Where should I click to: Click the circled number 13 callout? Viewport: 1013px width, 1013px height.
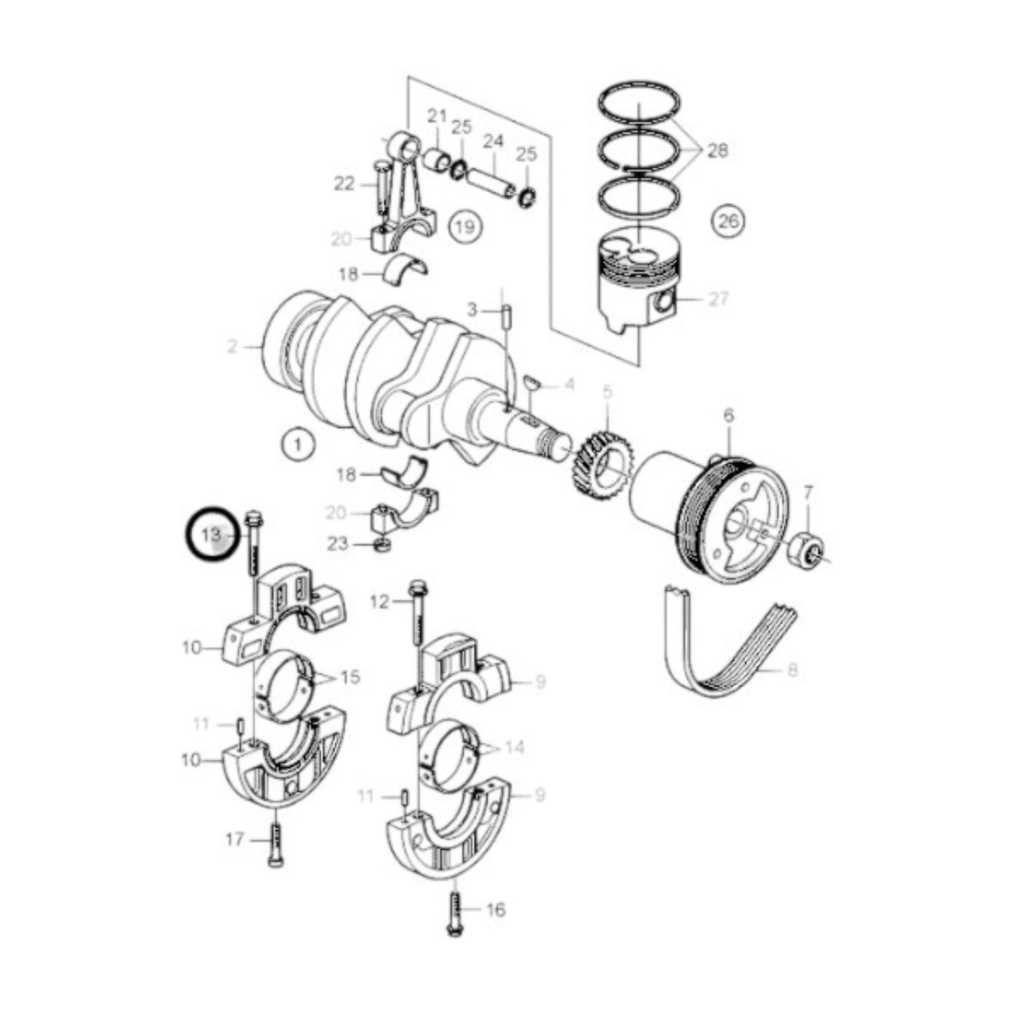(212, 534)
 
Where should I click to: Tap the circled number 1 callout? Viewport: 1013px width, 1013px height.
(298, 444)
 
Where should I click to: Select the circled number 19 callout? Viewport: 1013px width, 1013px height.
(465, 226)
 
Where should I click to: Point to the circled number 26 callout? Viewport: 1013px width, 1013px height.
(728, 221)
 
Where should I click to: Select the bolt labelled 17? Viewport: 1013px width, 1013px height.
(276, 843)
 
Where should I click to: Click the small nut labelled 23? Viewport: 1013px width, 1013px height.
(382, 544)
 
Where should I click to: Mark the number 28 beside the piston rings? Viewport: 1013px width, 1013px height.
(717, 150)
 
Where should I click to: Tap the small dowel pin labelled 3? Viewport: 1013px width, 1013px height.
(505, 316)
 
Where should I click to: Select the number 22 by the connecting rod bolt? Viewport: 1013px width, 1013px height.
(344, 184)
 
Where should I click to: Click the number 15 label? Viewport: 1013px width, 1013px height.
(350, 677)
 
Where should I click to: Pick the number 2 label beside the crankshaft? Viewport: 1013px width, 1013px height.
(232, 346)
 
